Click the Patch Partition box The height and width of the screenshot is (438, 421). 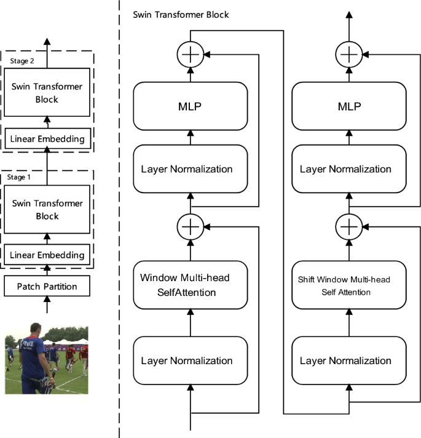47,286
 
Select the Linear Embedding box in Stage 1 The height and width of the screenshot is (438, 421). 47,255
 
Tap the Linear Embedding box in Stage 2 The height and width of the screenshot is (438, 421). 47,139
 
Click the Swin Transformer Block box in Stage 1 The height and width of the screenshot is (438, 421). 47,210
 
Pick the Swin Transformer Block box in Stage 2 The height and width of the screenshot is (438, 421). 47,93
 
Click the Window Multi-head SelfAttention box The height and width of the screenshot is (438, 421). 190,285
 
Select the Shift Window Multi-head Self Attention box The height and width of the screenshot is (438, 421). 348,285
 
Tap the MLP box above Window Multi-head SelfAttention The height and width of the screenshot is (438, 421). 190,106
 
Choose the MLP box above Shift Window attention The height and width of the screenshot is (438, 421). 348,106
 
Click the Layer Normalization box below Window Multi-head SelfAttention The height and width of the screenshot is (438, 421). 190,360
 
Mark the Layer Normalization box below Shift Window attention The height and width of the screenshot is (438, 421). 348,360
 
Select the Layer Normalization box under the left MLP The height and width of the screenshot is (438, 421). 190,169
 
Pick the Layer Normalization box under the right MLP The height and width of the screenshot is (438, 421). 348,169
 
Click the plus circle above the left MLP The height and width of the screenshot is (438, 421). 190,55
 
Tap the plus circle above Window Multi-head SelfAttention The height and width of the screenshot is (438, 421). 190,227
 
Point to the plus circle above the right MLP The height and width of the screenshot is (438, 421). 348,55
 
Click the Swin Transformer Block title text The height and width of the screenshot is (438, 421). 181,14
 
